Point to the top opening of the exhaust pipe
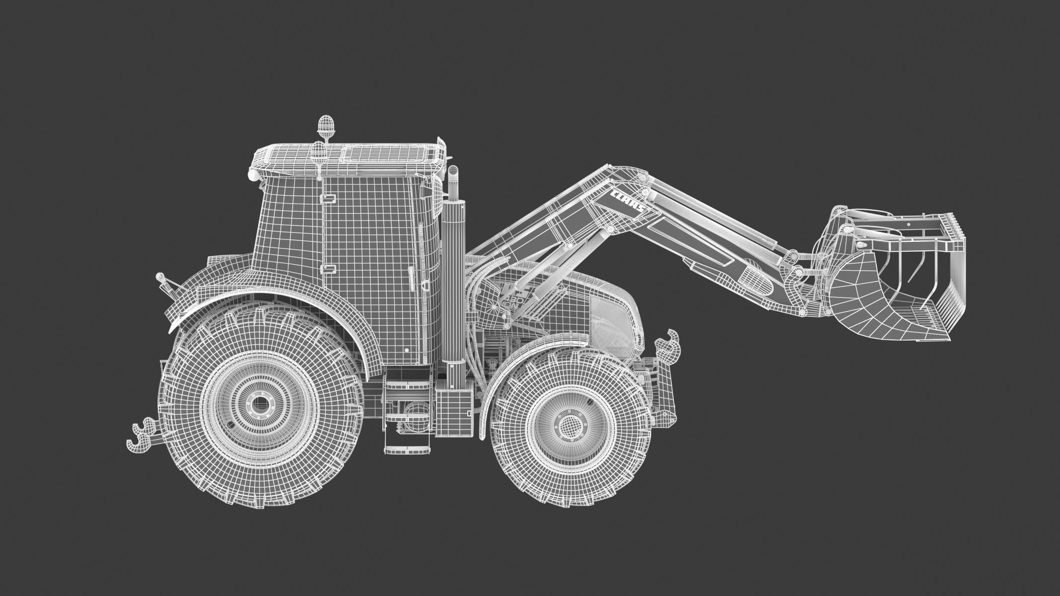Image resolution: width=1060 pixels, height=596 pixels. tap(453, 170)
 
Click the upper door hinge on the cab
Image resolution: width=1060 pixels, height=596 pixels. tap(327, 198)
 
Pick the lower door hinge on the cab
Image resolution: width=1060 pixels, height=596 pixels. tap(327, 270)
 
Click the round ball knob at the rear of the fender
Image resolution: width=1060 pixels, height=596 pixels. tap(160, 276)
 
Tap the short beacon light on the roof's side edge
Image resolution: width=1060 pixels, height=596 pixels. tap(318, 149)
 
